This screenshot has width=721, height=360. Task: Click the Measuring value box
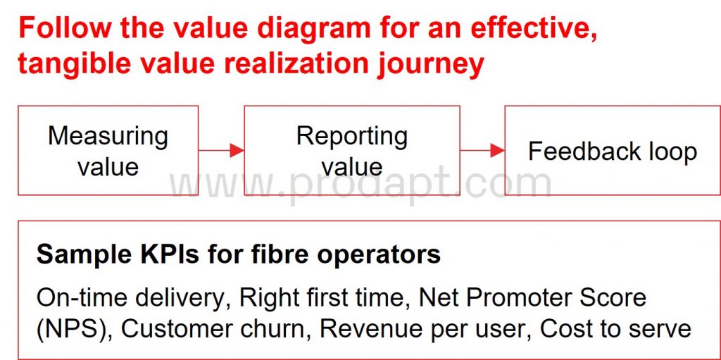point(108,151)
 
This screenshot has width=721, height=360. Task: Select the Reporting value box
point(352,151)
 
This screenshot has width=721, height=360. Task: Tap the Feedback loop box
point(613,151)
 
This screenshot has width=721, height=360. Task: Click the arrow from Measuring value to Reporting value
point(221,150)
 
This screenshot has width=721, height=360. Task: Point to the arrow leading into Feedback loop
point(482,150)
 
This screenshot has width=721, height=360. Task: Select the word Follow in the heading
point(65,28)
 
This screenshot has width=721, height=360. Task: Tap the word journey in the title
point(430,65)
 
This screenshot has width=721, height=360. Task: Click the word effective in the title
point(534,29)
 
